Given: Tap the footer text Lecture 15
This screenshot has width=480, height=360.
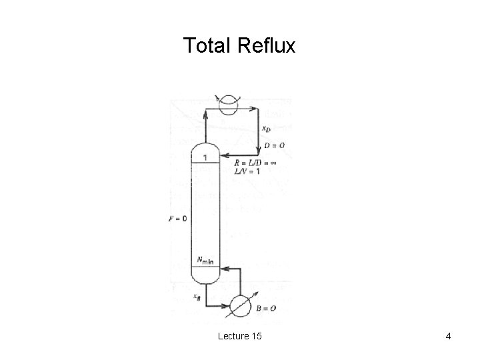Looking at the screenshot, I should click(x=239, y=337).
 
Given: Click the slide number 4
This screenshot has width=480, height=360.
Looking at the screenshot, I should click(x=449, y=337).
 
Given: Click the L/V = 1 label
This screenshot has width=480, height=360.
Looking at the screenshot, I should click(x=247, y=171).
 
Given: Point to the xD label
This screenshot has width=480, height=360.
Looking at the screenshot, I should click(x=265, y=129).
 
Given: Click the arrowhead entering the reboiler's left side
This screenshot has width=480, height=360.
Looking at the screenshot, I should click(x=226, y=306).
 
